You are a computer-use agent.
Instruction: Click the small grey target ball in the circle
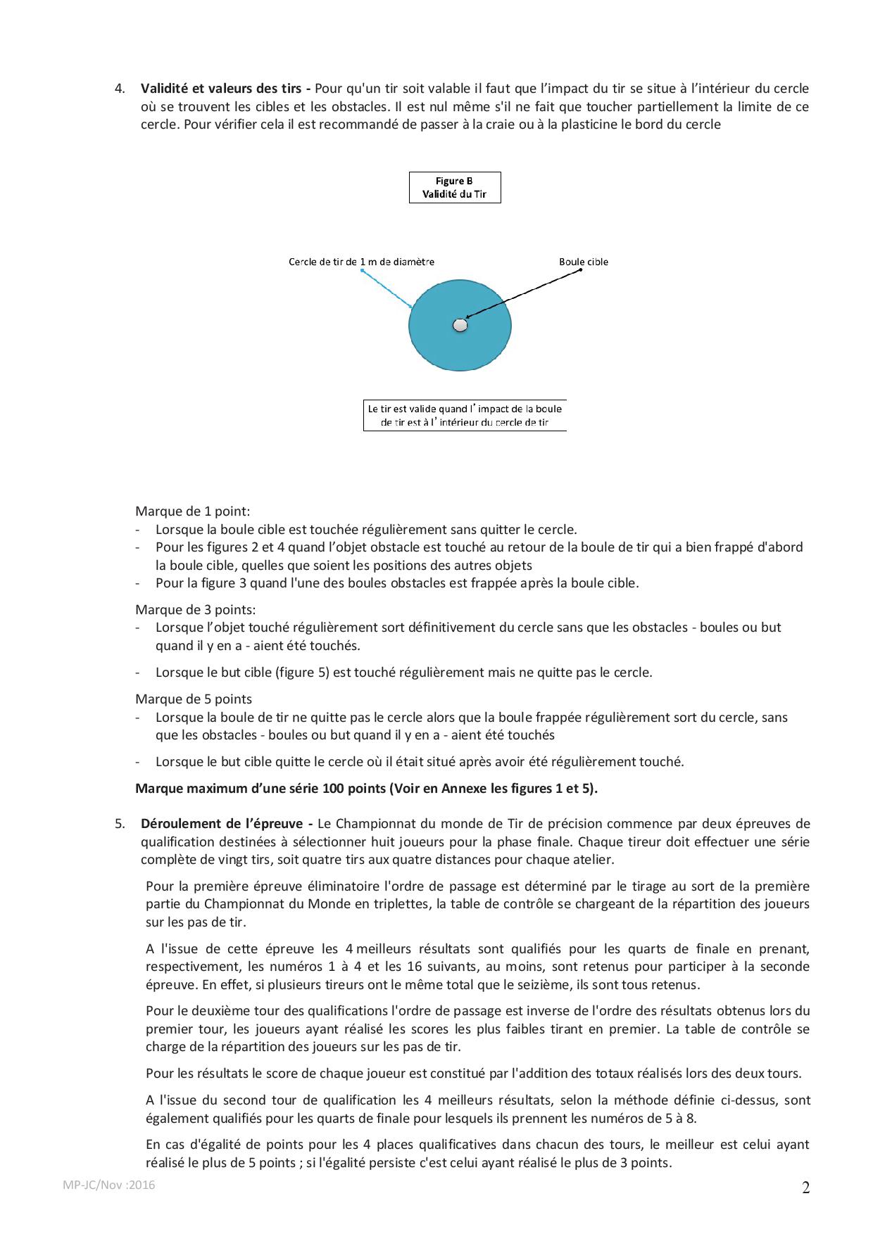(460, 325)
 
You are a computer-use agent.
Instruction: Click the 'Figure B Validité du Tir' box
(455, 188)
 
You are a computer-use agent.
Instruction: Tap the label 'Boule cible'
(584, 262)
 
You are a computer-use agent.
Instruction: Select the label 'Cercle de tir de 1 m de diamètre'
(361, 262)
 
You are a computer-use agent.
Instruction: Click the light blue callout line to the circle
(387, 289)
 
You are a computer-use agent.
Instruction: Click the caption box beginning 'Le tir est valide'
(465, 415)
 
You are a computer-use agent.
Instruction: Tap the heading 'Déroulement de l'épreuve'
(226, 824)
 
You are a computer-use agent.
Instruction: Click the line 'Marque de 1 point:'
(193, 511)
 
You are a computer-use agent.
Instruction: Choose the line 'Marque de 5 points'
(194, 699)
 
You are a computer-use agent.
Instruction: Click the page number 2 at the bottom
(806, 1188)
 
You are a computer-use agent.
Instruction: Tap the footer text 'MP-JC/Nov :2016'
(109, 1185)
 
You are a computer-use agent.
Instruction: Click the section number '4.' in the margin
(120, 89)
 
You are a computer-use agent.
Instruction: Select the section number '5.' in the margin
(120, 824)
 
